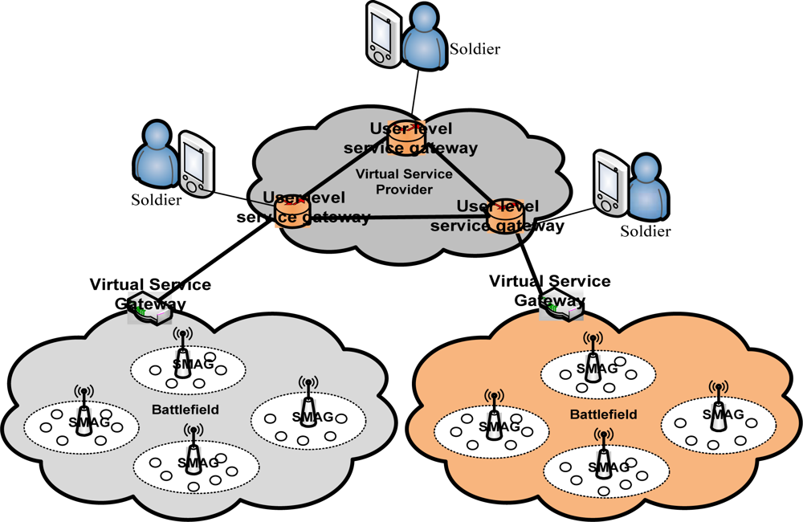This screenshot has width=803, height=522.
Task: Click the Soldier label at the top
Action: click(x=475, y=49)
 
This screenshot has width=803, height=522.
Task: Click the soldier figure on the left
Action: click(x=155, y=156)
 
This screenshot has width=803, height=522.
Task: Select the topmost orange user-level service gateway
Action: click(x=399, y=139)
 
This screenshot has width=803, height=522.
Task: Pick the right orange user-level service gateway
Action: click(x=504, y=214)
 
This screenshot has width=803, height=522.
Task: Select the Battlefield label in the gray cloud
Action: click(x=185, y=410)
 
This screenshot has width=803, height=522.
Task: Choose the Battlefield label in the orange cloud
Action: click(x=602, y=414)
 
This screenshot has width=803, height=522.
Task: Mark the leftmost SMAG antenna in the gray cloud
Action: click(x=84, y=410)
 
